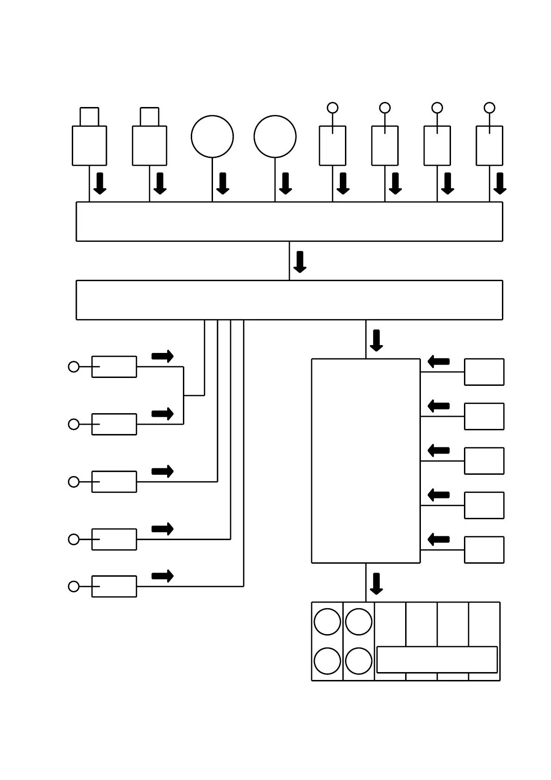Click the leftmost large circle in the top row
[x=212, y=137]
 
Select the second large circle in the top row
[x=275, y=137]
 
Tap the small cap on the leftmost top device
[x=89, y=117]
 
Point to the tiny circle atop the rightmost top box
[x=489, y=108]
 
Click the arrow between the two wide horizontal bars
[x=300, y=262]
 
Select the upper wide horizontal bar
[x=289, y=221]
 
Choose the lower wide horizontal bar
[x=289, y=300]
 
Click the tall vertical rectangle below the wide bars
[x=366, y=461]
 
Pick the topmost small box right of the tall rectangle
[x=484, y=372]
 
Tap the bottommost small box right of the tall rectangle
[x=484, y=550]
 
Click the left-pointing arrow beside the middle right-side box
[x=438, y=450]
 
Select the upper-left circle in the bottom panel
[x=327, y=622]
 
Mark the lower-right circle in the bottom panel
[x=359, y=661]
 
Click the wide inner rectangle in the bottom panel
[x=437, y=660]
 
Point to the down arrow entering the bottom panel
[x=376, y=584]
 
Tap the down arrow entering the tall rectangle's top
[x=376, y=340]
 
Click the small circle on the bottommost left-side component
[x=74, y=586]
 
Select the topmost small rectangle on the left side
[x=114, y=367]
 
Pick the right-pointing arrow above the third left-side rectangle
[x=163, y=472]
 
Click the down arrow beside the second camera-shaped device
[x=160, y=183]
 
